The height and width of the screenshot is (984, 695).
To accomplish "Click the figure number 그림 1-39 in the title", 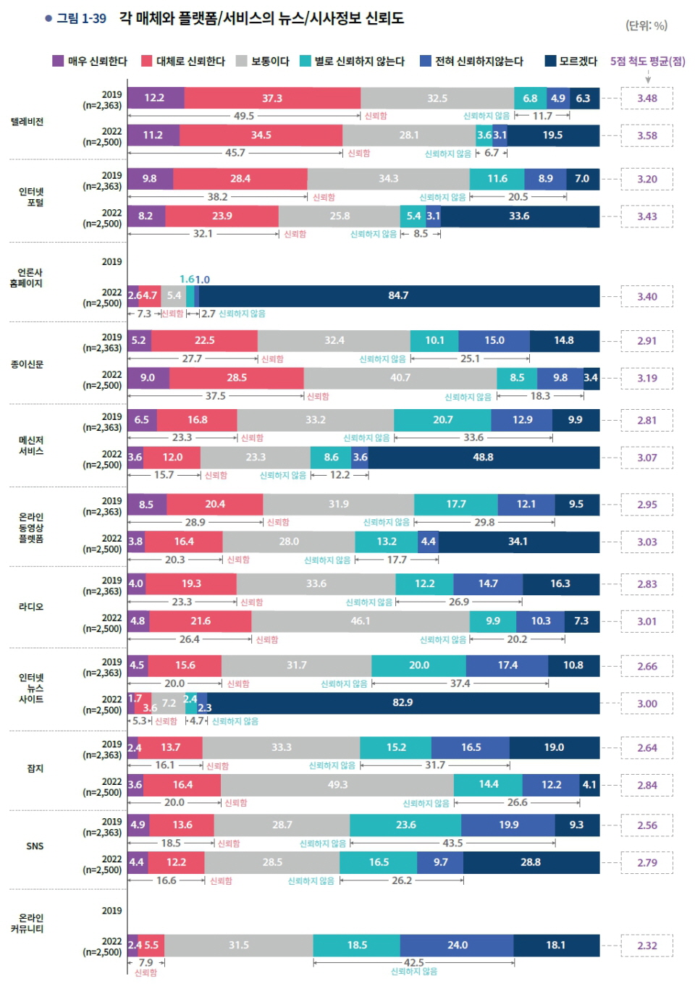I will (x=81, y=19).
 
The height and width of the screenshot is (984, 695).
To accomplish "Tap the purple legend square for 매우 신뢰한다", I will (x=58, y=61).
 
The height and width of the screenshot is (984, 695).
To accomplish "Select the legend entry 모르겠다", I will (x=570, y=61).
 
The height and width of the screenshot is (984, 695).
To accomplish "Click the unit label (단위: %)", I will (x=646, y=25).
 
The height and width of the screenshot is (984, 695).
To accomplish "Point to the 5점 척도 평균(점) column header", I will (x=647, y=61).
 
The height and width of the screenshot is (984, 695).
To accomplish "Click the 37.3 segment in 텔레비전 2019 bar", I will (x=272, y=98).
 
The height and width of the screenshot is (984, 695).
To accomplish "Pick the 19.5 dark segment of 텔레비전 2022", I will (x=552, y=135).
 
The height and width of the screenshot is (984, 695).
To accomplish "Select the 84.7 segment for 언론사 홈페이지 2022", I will (x=398, y=295).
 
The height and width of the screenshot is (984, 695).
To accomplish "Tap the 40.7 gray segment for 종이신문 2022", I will (x=400, y=378).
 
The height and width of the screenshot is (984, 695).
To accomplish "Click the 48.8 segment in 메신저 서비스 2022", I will (x=483, y=458).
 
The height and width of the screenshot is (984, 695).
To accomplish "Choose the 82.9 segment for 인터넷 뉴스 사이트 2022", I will (x=403, y=703).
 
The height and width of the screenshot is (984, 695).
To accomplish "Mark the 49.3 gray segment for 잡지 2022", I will (x=337, y=785).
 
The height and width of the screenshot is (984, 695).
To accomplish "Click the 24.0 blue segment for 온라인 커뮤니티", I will (x=457, y=946).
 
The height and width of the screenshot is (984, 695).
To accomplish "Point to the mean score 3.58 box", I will (x=647, y=135).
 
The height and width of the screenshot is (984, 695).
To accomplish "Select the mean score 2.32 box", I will (x=647, y=946).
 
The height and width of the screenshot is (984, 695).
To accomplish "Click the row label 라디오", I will (x=31, y=607).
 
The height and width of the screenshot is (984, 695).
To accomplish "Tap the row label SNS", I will (x=35, y=846).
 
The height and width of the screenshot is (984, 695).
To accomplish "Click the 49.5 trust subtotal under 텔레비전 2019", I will (x=244, y=116).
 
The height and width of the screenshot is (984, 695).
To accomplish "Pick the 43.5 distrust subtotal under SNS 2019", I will (x=453, y=844).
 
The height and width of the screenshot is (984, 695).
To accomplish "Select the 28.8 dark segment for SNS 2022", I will (x=531, y=862).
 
